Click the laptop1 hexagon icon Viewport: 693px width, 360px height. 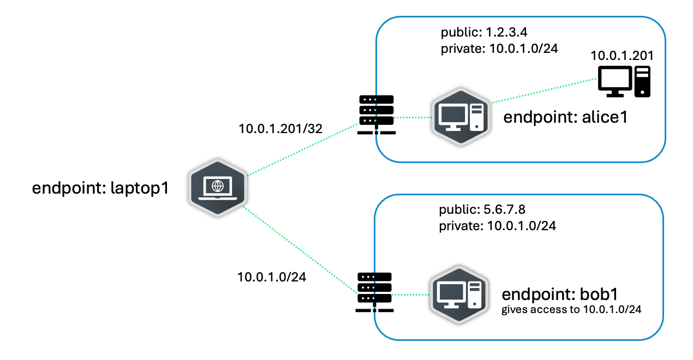(218, 188)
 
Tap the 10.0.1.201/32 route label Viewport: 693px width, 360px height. (280, 129)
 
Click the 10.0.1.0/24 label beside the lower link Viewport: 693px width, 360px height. (272, 277)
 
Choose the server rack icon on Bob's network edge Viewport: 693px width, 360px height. (374, 292)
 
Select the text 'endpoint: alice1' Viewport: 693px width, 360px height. (565, 118)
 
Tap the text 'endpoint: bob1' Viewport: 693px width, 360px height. (559, 295)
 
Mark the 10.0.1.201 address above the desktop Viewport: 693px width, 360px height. (622, 55)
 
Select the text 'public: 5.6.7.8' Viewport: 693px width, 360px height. (482, 209)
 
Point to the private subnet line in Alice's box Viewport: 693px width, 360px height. (499, 48)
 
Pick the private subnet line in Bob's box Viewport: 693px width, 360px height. (497, 225)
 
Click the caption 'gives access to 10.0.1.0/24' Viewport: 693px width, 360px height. (571, 310)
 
